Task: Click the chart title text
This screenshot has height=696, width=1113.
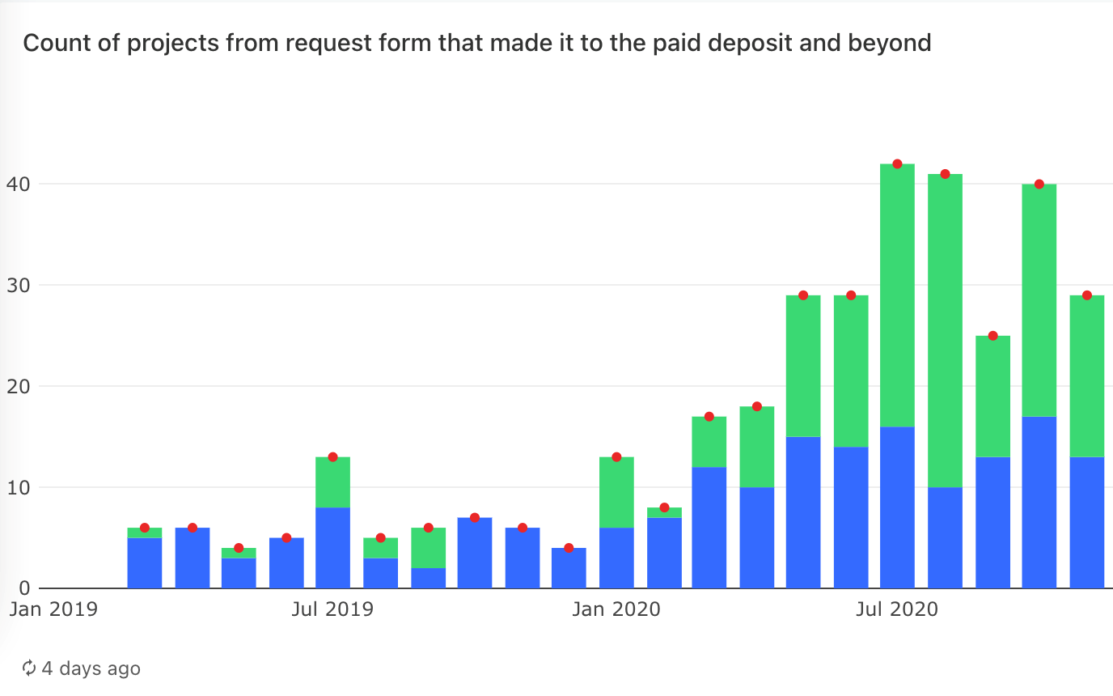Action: [x=477, y=43]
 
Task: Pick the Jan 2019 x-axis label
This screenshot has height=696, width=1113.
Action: [x=53, y=609]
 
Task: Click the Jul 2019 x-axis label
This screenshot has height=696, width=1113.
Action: [x=332, y=609]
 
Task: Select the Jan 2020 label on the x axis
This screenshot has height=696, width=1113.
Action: [x=616, y=609]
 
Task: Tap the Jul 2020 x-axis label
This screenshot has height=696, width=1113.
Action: [x=898, y=609]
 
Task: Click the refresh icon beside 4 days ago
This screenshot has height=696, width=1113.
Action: [x=29, y=668]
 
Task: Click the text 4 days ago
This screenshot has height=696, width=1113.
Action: [x=91, y=668]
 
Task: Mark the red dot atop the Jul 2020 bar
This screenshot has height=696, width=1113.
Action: [x=897, y=164]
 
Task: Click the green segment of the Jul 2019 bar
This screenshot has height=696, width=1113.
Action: [x=332, y=482]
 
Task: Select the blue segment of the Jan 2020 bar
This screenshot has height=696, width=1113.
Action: [x=616, y=558]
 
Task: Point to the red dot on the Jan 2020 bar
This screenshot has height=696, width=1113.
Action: [x=616, y=457]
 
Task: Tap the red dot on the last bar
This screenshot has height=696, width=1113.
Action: [x=1087, y=295]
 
